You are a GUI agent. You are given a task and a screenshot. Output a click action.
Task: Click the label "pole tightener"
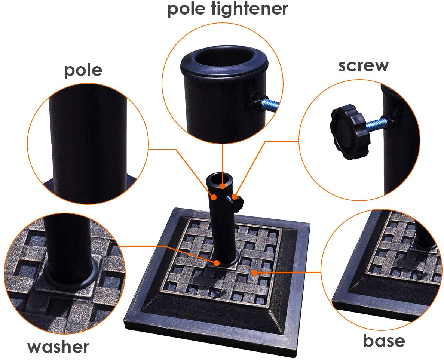point(227,9)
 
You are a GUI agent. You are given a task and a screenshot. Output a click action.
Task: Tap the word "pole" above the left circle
point(83,71)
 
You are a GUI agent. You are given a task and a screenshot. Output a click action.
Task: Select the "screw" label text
point(363,66)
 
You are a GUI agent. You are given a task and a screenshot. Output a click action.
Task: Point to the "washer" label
point(58,347)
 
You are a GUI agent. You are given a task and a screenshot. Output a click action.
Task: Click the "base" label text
point(384,341)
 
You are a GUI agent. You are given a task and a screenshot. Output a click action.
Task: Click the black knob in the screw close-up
point(349,132)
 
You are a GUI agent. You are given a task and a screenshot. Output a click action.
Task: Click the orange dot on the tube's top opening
point(223,186)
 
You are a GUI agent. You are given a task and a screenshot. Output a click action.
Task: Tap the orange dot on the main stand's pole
point(214,197)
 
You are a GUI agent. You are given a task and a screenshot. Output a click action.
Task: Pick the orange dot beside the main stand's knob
point(235,196)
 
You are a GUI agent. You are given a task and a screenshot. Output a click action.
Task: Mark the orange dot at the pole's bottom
point(217,263)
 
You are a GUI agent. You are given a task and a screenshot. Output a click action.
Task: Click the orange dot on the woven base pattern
point(255,273)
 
